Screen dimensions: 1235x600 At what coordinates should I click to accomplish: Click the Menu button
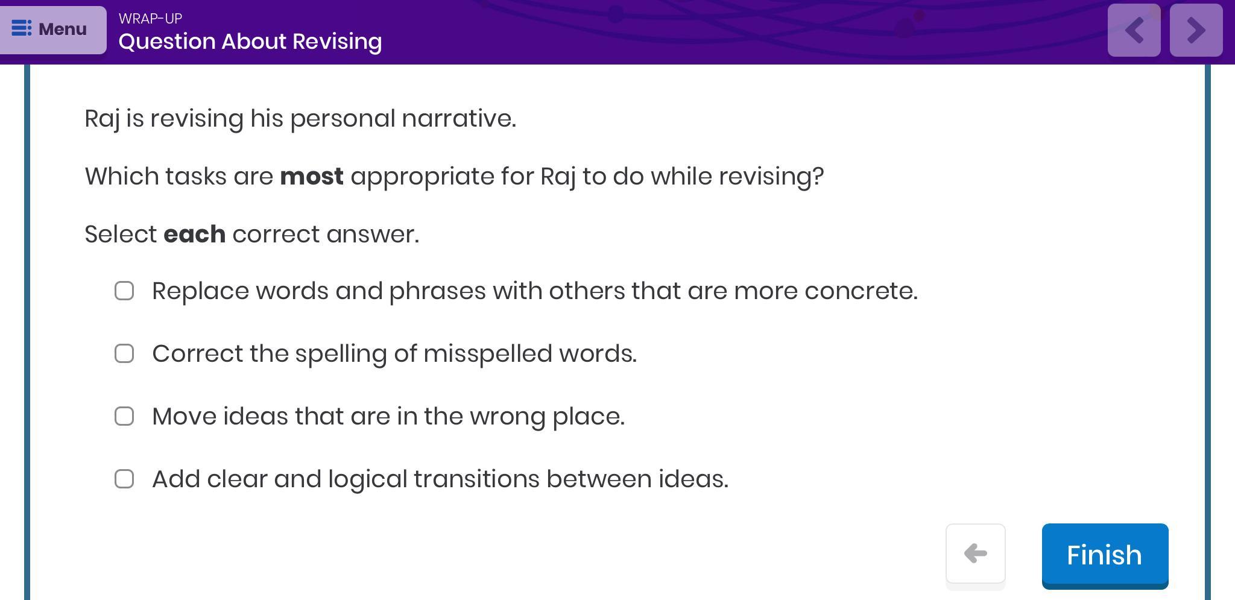[x=53, y=30]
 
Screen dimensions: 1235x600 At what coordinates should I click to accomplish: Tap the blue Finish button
[x=1105, y=555]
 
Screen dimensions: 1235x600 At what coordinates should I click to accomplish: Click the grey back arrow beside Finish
[x=975, y=554]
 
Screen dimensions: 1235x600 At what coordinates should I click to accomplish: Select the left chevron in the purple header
[x=1134, y=30]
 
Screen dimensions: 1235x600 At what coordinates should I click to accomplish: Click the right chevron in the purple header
[x=1196, y=30]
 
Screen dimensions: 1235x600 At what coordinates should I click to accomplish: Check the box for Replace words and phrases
[x=124, y=291]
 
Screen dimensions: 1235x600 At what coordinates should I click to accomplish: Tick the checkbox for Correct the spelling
[x=124, y=353]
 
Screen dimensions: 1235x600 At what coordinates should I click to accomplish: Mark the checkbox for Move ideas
[x=124, y=416]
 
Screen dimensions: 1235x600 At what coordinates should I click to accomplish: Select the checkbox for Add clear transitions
[x=124, y=479]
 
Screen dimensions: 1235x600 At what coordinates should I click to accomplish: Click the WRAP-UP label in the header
[x=150, y=19]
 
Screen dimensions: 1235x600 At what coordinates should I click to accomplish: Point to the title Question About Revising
[x=250, y=42]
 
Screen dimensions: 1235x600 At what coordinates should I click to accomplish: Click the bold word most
[x=312, y=177]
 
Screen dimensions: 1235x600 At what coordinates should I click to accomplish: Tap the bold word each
[x=195, y=234]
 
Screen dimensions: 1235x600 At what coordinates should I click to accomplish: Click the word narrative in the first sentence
[x=459, y=118]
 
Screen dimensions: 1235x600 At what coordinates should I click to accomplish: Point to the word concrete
[x=861, y=291]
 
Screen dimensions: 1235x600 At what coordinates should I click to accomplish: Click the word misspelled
[x=488, y=354]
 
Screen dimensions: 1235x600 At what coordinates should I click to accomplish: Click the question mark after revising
[x=818, y=176]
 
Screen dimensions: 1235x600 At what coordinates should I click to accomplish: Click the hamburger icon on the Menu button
[x=22, y=28]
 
